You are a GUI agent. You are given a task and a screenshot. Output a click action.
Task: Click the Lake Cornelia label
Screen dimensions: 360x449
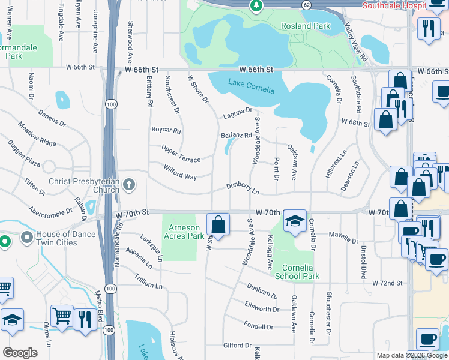pos(251,86)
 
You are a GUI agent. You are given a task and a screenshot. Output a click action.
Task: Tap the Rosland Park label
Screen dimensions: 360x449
pos(306,26)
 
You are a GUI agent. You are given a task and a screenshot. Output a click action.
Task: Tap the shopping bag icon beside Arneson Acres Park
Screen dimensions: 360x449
pos(218,225)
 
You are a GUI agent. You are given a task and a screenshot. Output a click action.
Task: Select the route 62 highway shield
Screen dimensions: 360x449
pos(307,4)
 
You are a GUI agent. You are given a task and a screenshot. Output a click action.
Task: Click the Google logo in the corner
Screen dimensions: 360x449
pos(20,352)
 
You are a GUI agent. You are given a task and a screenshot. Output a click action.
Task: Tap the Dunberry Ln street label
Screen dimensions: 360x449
pos(243,189)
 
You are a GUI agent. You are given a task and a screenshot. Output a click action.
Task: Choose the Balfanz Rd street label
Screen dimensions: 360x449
pos(236,136)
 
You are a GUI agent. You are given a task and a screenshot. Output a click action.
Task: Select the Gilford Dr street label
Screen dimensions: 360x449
pos(237,346)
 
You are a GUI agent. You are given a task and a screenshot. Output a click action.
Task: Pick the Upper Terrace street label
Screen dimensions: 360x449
pos(181,152)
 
